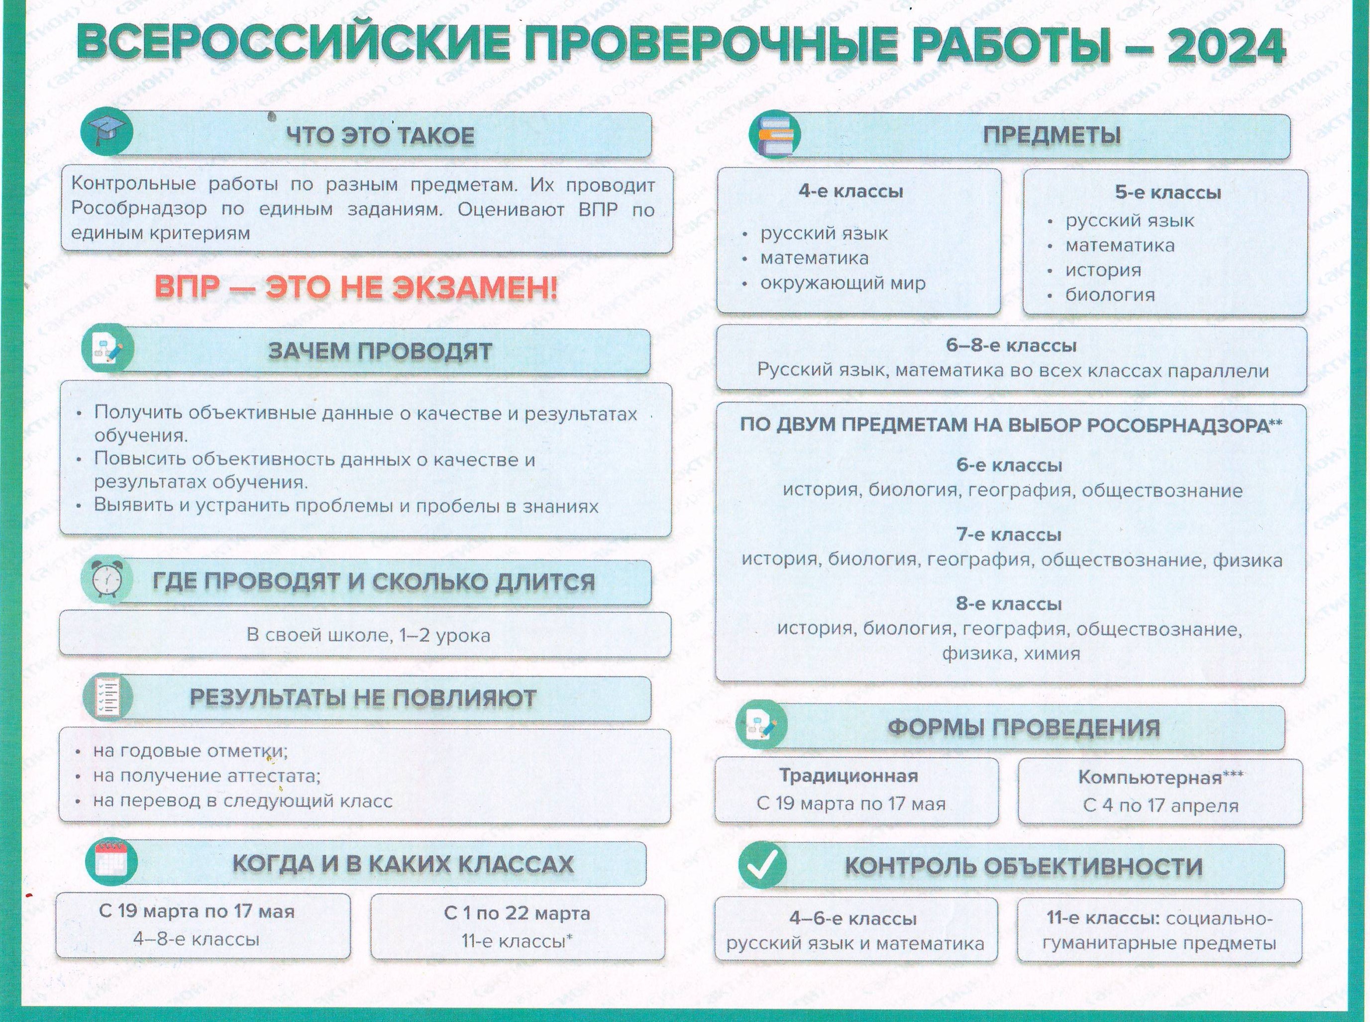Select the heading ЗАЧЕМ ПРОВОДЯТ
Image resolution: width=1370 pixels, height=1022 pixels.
380,351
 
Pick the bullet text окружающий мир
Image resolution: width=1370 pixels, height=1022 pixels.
843,283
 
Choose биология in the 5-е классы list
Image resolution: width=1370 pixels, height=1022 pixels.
1110,295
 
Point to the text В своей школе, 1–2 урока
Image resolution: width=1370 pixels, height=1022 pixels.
369,635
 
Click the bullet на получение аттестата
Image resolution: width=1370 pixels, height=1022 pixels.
207,775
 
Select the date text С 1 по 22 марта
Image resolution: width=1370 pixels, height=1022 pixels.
517,912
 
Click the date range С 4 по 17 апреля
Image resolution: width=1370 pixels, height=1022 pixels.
1161,805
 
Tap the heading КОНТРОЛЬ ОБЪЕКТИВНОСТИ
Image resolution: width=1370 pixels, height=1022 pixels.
1024,866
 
